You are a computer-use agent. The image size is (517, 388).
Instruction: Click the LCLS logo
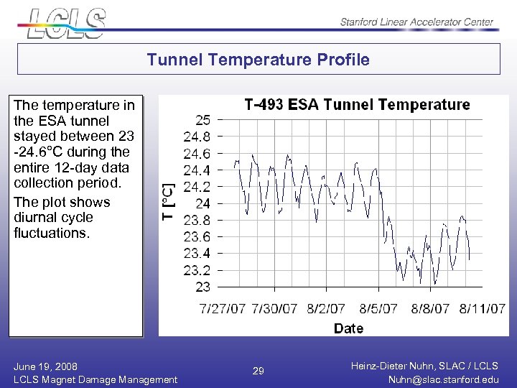pyautogui.click(x=66, y=22)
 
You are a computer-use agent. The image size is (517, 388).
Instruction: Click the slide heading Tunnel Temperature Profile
pyautogui.click(x=258, y=60)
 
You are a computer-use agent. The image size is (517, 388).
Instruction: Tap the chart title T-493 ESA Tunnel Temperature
pyautogui.click(x=357, y=105)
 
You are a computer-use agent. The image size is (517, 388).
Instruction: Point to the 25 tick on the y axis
pyautogui.click(x=203, y=119)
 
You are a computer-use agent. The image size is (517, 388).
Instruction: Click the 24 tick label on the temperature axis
pyautogui.click(x=203, y=203)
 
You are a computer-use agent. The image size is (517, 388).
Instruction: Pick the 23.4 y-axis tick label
pyautogui.click(x=197, y=253)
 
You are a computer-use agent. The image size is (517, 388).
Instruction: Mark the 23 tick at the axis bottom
pyautogui.click(x=203, y=287)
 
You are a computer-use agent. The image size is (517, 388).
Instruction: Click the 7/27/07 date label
pyautogui.click(x=223, y=308)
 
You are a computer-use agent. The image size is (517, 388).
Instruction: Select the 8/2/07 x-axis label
pyautogui.click(x=325, y=308)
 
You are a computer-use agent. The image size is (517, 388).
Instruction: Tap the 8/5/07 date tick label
pyautogui.click(x=378, y=308)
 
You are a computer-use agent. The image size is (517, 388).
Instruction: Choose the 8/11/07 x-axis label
pyautogui.click(x=483, y=308)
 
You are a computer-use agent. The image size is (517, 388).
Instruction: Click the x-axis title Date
pyautogui.click(x=348, y=328)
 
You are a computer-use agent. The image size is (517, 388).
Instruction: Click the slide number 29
pyautogui.click(x=258, y=371)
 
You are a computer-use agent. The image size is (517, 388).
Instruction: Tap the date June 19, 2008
pyautogui.click(x=45, y=366)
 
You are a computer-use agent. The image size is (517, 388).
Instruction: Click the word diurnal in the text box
pyautogui.click(x=34, y=218)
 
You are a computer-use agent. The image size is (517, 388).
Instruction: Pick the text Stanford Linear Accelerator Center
pyautogui.click(x=416, y=22)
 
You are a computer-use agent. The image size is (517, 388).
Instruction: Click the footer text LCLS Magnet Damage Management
pyautogui.click(x=95, y=379)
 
